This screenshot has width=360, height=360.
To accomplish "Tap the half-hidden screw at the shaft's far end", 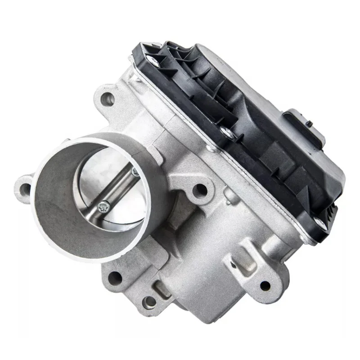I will (134, 171).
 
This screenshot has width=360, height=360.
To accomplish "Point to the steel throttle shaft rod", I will (120, 189).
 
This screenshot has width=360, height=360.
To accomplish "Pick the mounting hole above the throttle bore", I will (107, 99).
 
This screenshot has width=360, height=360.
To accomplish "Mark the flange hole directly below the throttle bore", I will (115, 277).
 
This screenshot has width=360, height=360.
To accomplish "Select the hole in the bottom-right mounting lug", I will (265, 285).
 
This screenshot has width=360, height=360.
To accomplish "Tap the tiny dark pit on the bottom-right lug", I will (234, 260).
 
